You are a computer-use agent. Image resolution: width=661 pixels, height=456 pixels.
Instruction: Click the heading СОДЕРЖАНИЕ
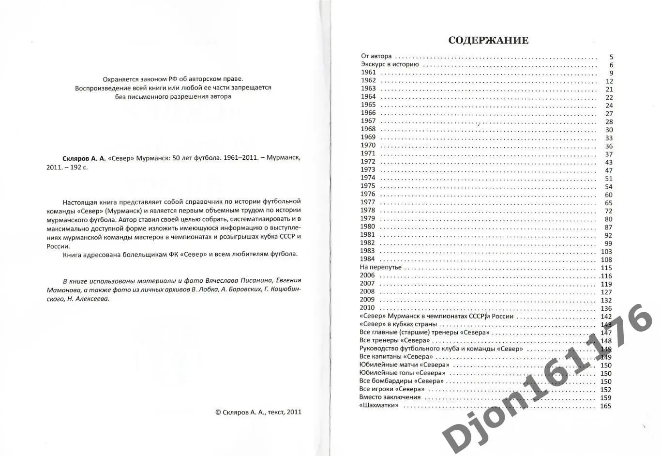[x=488, y=41]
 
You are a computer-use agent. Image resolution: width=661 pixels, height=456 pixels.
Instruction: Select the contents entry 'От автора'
[x=376, y=56]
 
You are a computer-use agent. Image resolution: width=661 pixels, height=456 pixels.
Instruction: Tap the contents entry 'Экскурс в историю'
[x=390, y=64]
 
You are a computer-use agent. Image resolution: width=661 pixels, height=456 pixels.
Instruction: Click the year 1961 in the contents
[x=368, y=73]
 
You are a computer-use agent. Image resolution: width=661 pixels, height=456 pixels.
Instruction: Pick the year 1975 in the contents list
[x=368, y=186]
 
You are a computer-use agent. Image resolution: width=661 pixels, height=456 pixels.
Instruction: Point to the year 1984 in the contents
[x=367, y=259]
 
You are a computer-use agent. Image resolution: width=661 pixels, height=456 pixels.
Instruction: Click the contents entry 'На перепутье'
[x=380, y=267]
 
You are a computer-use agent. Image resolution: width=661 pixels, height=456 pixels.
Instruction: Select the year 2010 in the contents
[x=367, y=308]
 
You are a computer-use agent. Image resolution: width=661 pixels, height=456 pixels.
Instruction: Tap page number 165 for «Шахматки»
[x=605, y=406]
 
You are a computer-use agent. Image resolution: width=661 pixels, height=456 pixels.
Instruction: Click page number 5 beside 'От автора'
[x=611, y=57]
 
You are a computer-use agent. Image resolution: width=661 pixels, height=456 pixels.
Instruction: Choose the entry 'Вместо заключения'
[x=390, y=397]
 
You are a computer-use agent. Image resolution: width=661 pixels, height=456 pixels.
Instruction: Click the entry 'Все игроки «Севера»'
[x=392, y=389]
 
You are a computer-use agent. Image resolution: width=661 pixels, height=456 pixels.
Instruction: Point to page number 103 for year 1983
[x=606, y=252]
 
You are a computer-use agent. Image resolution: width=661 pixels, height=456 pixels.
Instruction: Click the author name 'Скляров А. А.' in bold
[x=84, y=158]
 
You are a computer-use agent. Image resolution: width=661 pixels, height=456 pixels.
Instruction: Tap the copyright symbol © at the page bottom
[x=218, y=412]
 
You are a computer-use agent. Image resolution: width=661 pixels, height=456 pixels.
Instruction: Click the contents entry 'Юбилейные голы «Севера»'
[x=403, y=373]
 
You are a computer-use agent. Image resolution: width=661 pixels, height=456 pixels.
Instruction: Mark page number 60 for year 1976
[x=608, y=195]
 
